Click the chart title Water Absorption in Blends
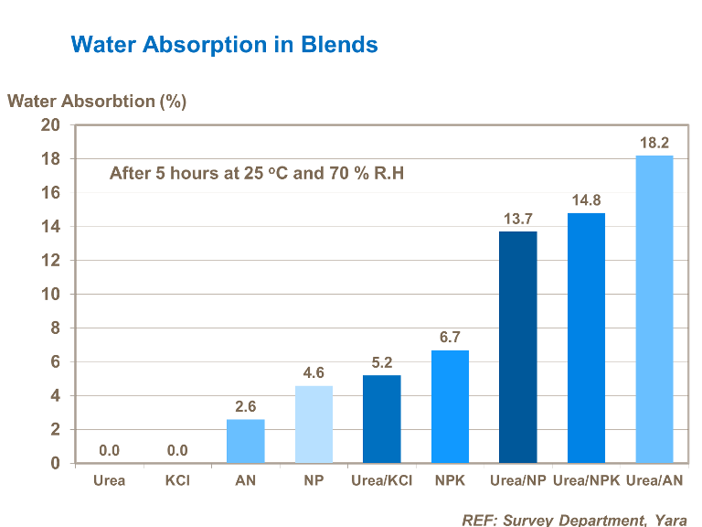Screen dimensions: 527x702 224,44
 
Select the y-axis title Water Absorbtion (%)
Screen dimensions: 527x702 97,101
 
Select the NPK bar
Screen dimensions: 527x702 450,406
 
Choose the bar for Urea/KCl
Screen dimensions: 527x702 381,419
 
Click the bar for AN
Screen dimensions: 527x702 246,441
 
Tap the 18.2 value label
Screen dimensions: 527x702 654,143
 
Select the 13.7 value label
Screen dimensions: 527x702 517,219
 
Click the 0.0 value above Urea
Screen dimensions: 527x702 110,450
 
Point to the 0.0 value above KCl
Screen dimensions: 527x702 177,450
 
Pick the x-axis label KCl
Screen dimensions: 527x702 177,480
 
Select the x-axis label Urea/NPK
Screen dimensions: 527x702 586,480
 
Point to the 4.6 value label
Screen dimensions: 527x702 314,372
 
